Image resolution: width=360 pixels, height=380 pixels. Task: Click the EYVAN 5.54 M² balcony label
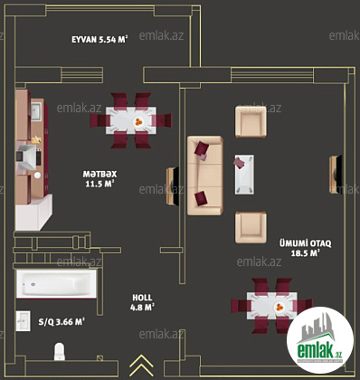click(99, 40)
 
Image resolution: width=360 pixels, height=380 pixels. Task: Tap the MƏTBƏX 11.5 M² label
click(99, 179)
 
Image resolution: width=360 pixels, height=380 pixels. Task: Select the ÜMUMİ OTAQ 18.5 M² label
click(305, 248)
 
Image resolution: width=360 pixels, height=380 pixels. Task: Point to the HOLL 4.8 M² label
click(142, 302)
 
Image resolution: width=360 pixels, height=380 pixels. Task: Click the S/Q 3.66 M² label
click(62, 322)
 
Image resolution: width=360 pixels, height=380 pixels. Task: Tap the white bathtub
click(56, 284)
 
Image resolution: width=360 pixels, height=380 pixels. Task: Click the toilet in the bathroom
click(60, 351)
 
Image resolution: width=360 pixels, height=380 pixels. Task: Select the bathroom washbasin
click(23, 321)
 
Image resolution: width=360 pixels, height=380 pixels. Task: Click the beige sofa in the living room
click(205, 176)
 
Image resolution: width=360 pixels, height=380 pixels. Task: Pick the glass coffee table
click(244, 175)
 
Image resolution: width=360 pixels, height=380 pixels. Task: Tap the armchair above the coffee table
click(251, 121)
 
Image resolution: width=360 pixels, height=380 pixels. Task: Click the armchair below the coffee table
click(251, 227)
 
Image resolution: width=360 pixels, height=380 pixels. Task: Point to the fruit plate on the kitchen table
click(138, 121)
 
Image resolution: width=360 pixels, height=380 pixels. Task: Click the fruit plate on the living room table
click(280, 307)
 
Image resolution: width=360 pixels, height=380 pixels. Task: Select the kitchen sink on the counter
click(36, 111)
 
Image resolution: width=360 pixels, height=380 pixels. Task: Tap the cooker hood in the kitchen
click(26, 157)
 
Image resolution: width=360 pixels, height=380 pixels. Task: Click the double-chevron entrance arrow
click(141, 366)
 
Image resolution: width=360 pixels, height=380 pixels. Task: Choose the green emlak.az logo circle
click(320, 341)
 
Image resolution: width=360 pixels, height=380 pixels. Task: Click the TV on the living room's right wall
click(336, 175)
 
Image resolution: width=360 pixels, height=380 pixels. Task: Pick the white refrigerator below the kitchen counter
click(33, 213)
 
